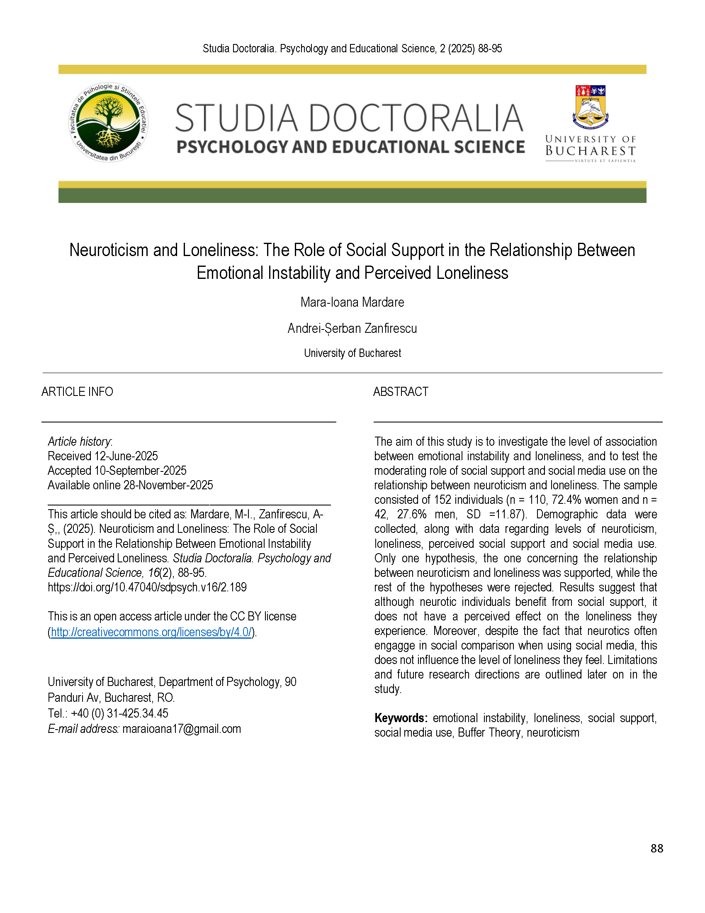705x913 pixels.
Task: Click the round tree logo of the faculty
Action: (x=108, y=122)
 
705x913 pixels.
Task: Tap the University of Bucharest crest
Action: (x=591, y=107)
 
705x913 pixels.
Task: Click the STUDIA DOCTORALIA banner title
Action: (x=349, y=118)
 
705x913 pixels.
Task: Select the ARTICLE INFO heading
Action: (x=77, y=392)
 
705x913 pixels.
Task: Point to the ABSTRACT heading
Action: (x=401, y=392)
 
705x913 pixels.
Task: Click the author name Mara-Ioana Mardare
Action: (x=352, y=302)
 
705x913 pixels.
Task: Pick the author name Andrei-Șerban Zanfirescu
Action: (x=352, y=329)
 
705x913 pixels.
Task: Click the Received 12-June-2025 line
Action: (x=103, y=456)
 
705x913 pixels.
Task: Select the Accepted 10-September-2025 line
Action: (x=117, y=471)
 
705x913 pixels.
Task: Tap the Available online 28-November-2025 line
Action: (x=130, y=486)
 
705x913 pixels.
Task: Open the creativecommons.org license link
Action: (x=151, y=632)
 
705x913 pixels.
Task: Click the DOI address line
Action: (x=147, y=587)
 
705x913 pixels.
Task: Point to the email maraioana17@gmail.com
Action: (x=182, y=729)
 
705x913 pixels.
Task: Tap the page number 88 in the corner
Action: (x=656, y=848)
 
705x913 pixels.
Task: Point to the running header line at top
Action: (x=352, y=49)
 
